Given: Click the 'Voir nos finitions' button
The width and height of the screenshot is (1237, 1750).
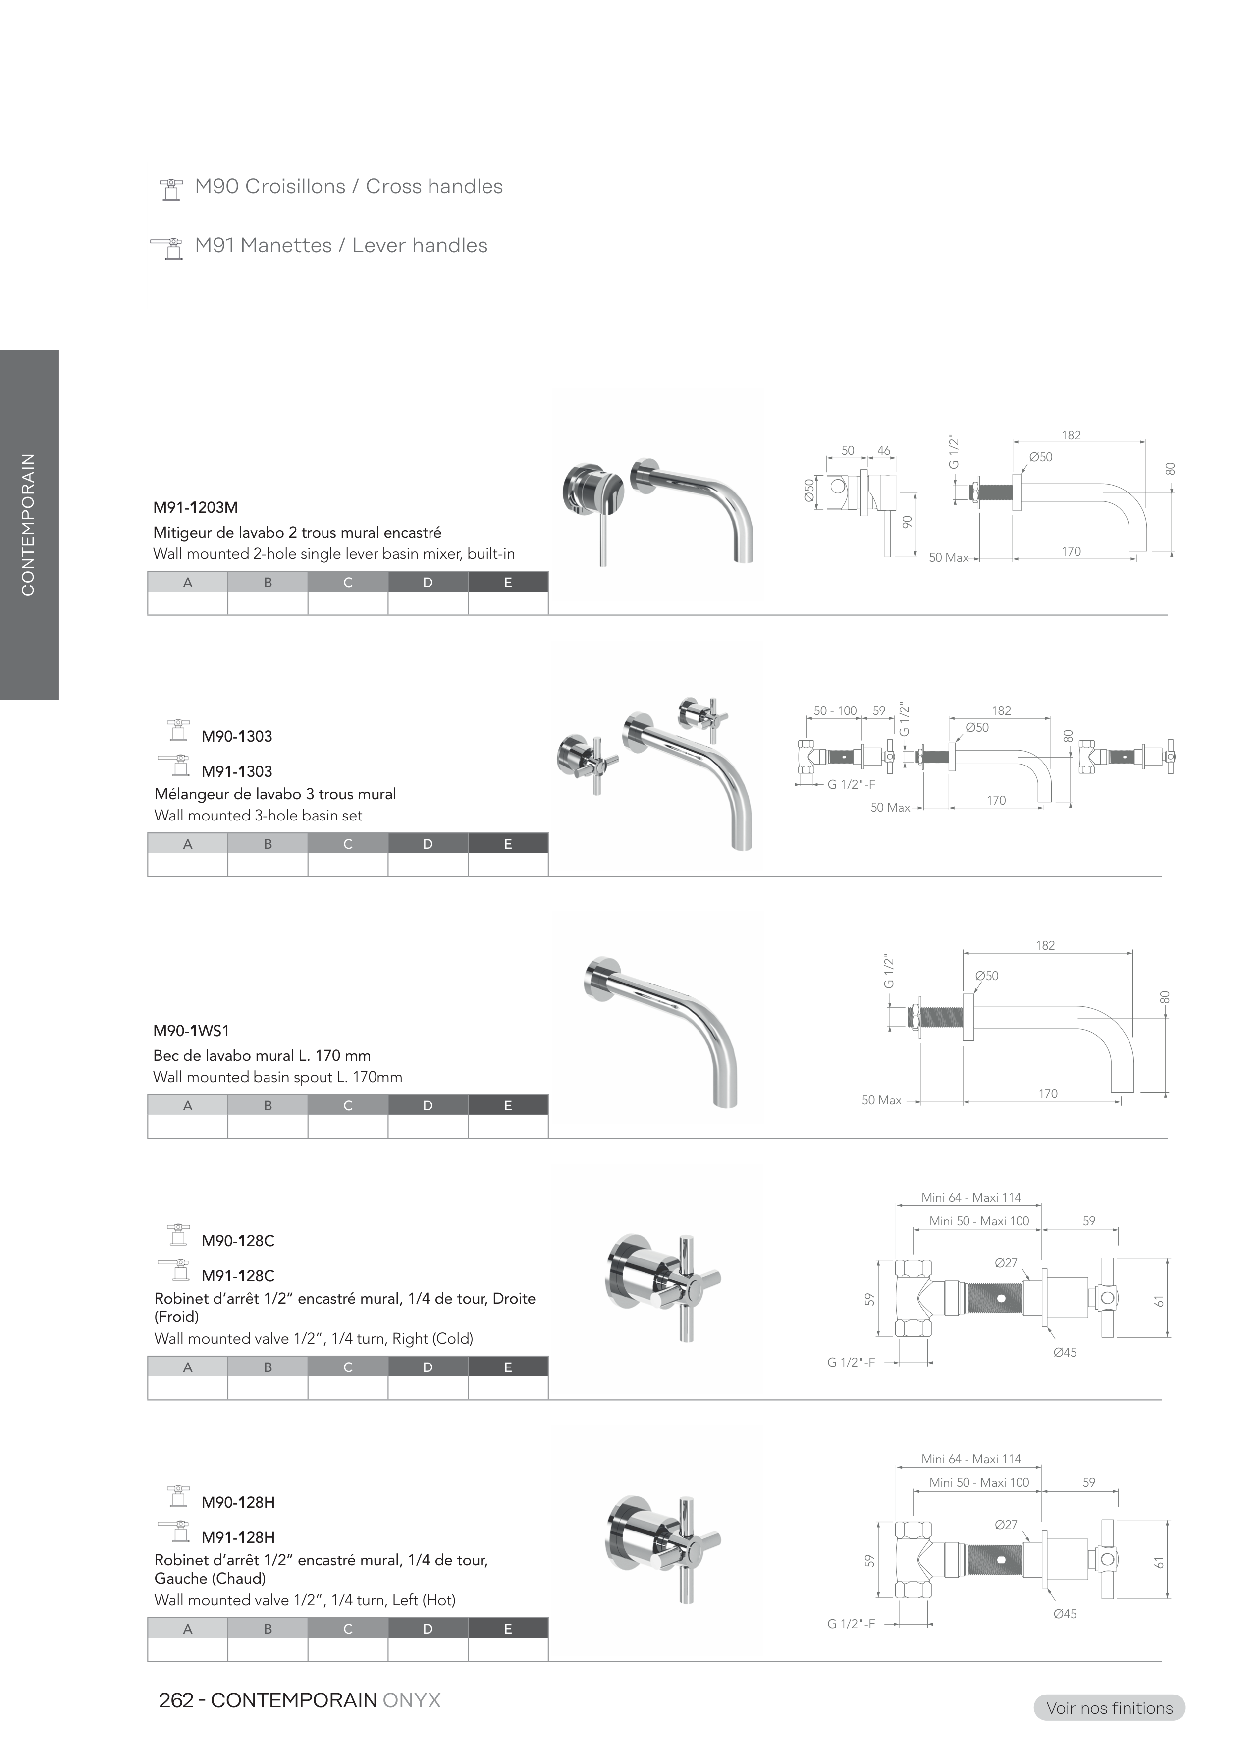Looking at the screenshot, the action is [1109, 1708].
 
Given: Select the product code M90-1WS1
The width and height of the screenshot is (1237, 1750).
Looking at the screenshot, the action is [191, 1031].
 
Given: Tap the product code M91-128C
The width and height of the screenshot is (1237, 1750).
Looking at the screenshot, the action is [238, 1276].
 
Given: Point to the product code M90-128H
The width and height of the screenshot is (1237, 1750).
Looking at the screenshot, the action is [238, 1502].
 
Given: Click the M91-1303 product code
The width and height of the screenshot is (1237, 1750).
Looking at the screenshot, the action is [236, 772].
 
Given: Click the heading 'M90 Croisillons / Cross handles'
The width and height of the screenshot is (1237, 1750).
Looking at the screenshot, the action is [348, 187].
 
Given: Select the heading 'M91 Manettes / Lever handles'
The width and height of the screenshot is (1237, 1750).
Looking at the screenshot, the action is [341, 245].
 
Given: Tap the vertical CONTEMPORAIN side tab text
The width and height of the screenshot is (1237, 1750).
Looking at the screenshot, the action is [28, 524].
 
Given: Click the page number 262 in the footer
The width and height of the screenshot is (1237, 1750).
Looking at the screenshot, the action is [175, 1700].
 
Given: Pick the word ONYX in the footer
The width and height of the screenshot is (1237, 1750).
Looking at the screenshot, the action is [412, 1700].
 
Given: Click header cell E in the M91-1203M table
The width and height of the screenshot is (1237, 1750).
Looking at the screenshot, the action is [508, 582].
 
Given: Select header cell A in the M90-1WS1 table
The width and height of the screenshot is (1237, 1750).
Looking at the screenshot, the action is [187, 1105].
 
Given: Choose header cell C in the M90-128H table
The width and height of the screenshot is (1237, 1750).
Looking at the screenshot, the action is [348, 1629].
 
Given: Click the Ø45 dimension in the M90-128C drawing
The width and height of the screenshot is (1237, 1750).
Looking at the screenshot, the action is [1065, 1352].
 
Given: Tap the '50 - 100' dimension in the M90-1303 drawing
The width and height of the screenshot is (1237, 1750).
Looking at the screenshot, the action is [835, 711].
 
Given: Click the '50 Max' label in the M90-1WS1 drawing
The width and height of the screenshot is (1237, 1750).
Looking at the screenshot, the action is [881, 1100].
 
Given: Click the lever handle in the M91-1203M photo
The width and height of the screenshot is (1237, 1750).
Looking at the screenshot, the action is [603, 534].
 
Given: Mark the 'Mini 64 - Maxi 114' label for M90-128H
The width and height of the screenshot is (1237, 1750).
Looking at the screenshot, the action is [971, 1459].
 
